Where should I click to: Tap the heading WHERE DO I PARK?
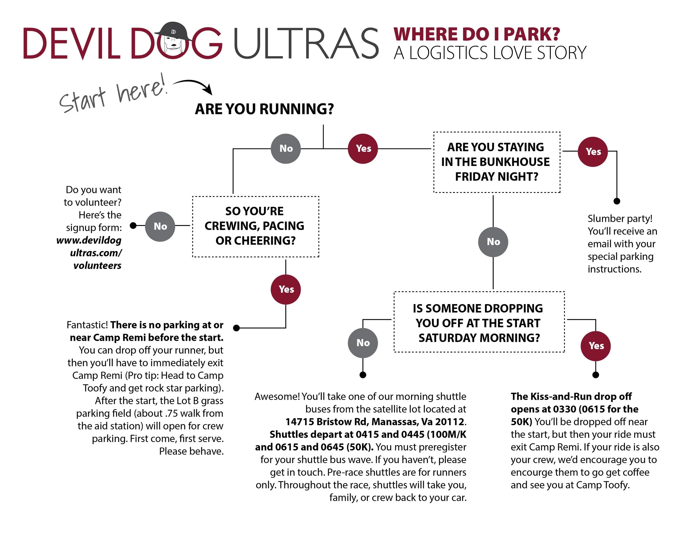point(476,34)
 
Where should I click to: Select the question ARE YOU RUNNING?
point(264,109)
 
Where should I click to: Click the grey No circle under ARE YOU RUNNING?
point(286,149)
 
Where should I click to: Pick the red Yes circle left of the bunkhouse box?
point(363,149)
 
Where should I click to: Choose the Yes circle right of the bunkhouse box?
point(593,152)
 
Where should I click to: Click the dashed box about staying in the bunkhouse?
point(496,162)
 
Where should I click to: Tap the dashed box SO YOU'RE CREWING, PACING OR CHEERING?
point(255,226)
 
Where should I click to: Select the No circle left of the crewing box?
point(160,227)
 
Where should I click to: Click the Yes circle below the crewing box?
point(286,290)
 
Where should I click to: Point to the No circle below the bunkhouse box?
point(493,242)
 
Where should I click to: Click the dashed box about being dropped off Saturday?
point(479,322)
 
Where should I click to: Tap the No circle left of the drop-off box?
point(363,343)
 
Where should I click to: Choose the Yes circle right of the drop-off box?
point(595,346)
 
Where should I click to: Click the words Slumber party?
point(620,219)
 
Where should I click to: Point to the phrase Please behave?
point(191,451)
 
